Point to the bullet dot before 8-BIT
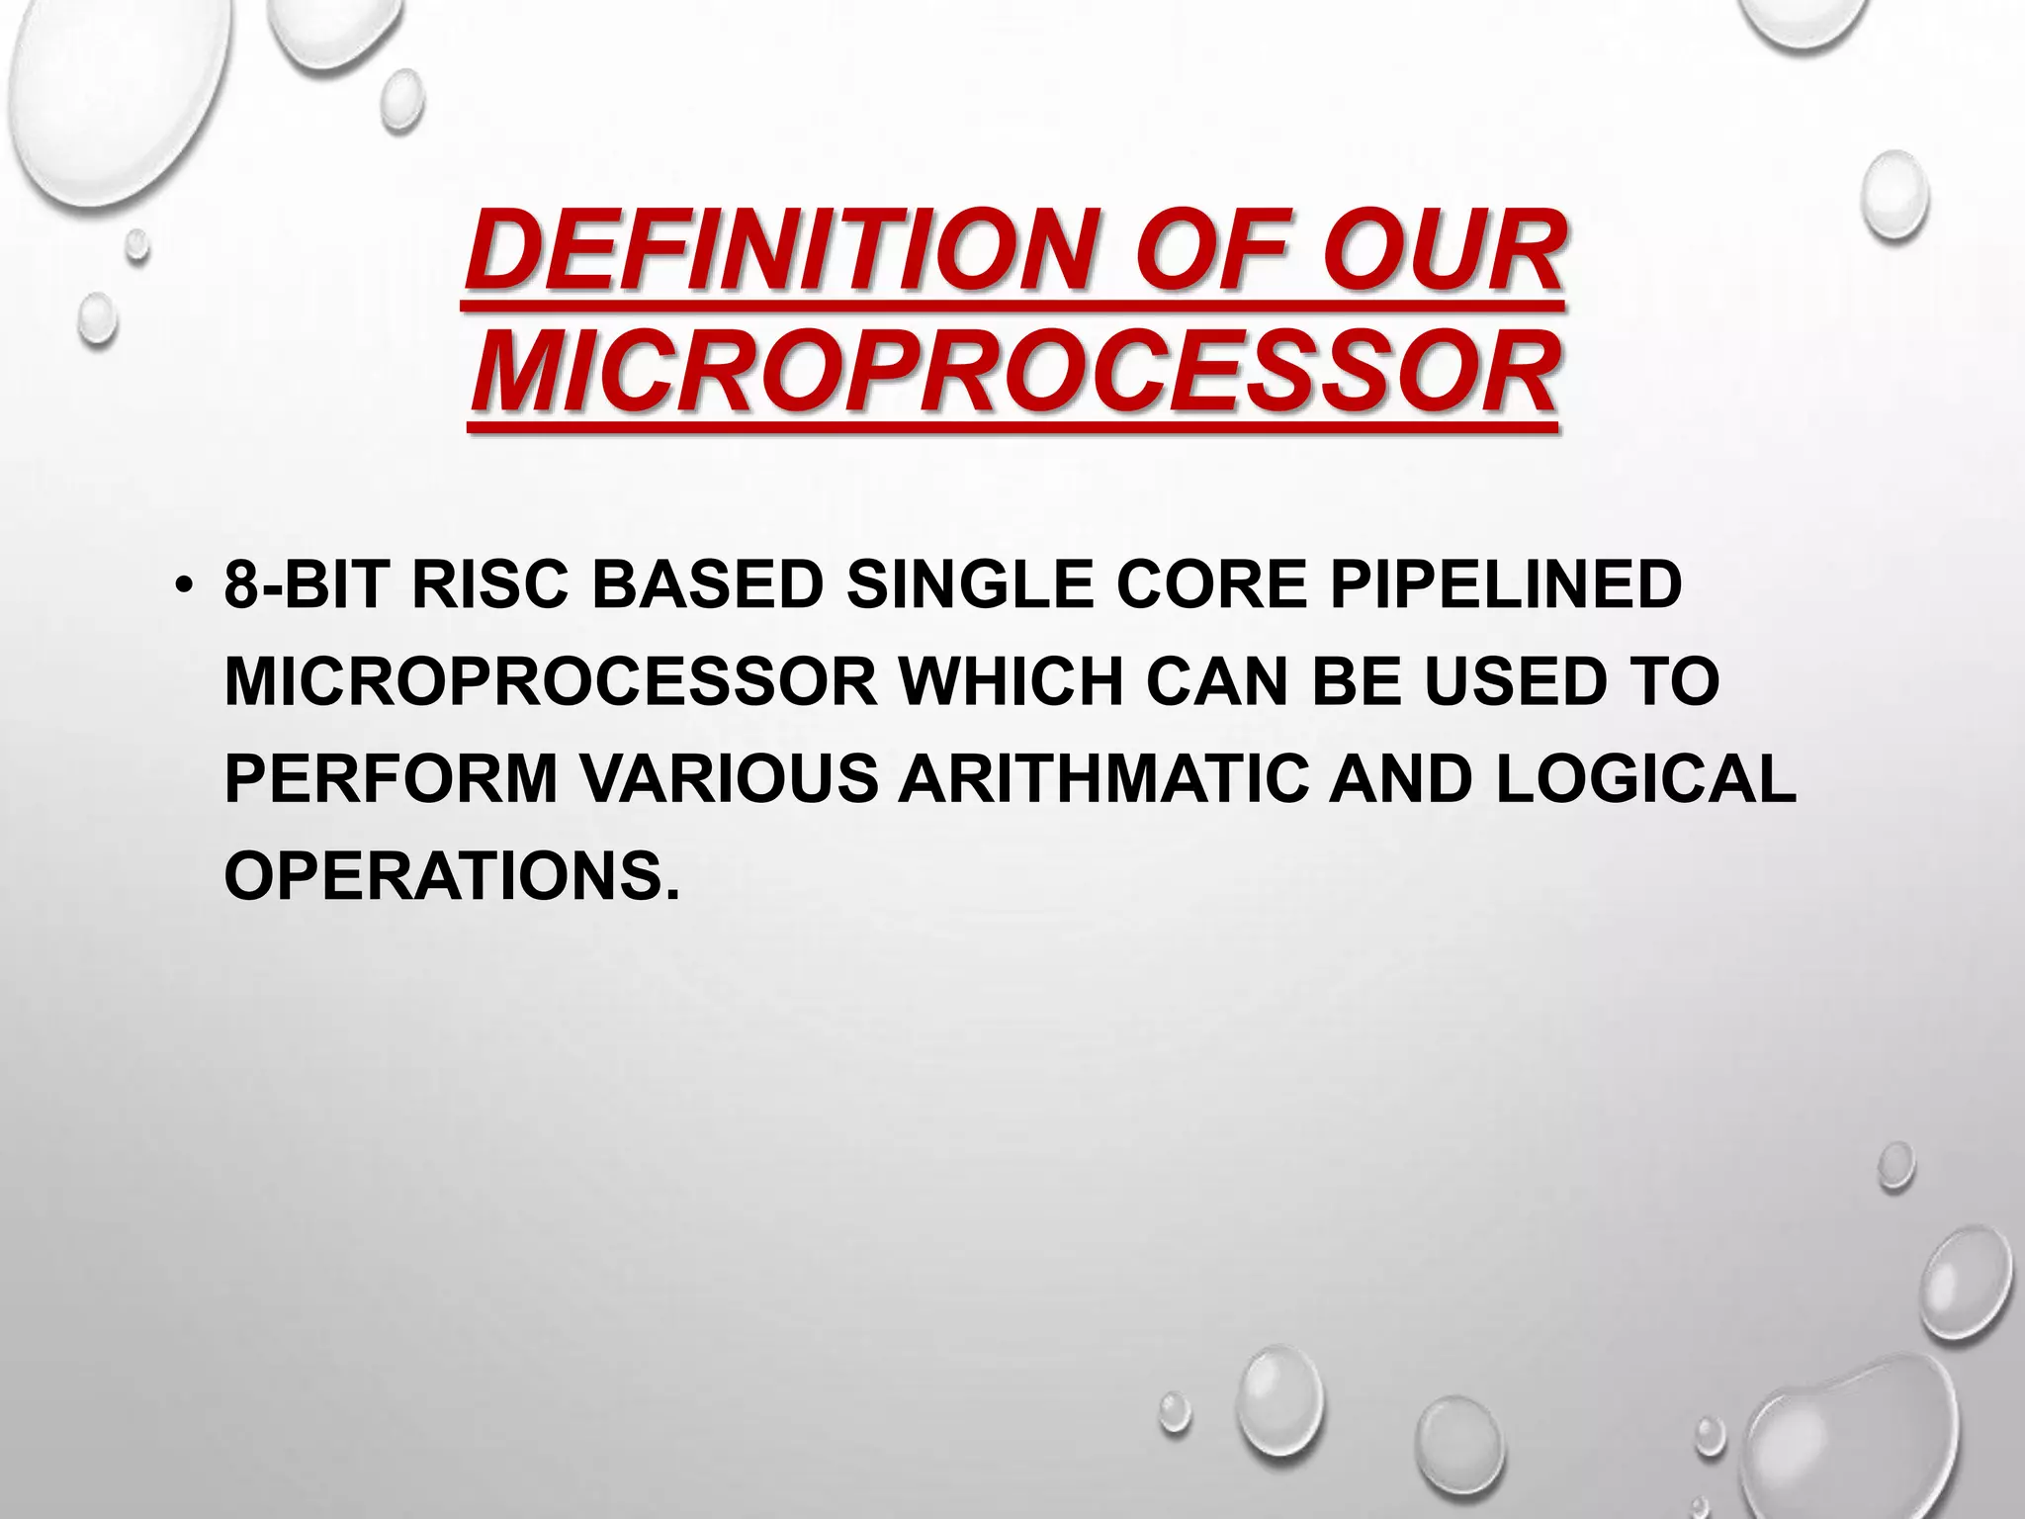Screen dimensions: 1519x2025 181,587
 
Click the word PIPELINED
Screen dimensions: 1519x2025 1505,585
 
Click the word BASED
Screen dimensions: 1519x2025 707,585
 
